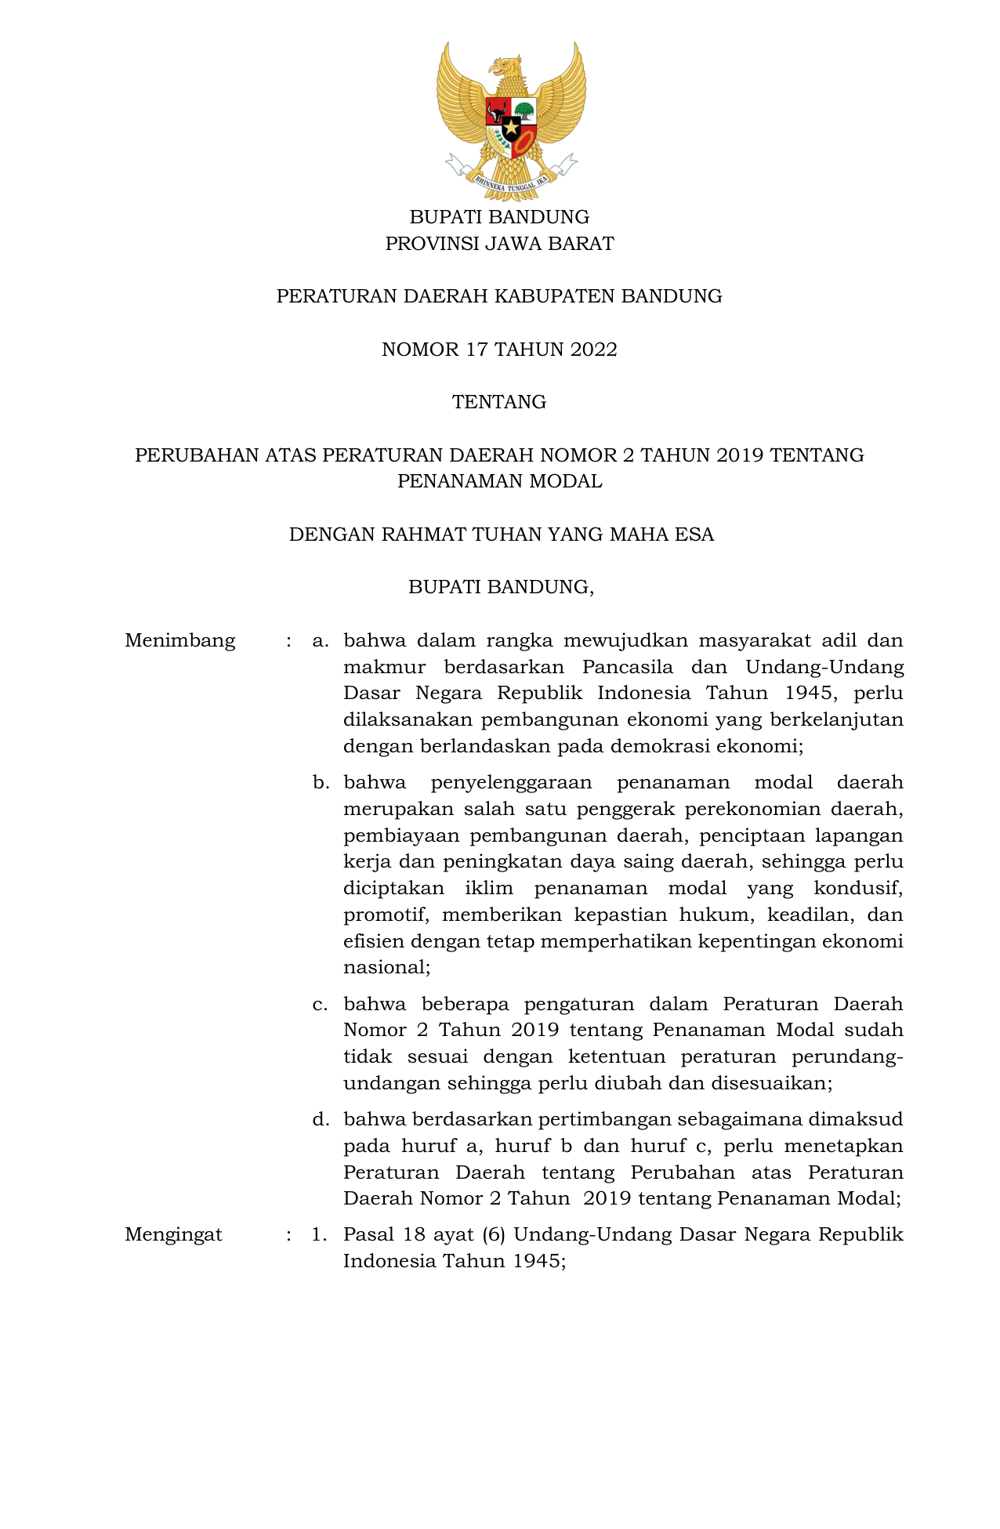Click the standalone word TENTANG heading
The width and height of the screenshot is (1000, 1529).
pos(499,402)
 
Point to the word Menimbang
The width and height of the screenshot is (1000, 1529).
pos(179,640)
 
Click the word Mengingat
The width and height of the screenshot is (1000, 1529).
pos(173,1234)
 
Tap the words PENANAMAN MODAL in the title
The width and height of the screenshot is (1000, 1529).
pos(499,481)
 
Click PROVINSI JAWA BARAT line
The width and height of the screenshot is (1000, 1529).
pos(499,244)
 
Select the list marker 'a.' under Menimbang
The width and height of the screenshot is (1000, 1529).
pos(320,640)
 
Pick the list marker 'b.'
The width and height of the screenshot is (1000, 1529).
pos(320,782)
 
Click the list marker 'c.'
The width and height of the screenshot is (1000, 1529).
pos(320,1004)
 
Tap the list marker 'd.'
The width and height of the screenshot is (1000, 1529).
pos(320,1119)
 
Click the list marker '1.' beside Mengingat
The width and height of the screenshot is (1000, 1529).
pos(318,1234)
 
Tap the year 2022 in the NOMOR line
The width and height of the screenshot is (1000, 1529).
pos(593,350)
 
